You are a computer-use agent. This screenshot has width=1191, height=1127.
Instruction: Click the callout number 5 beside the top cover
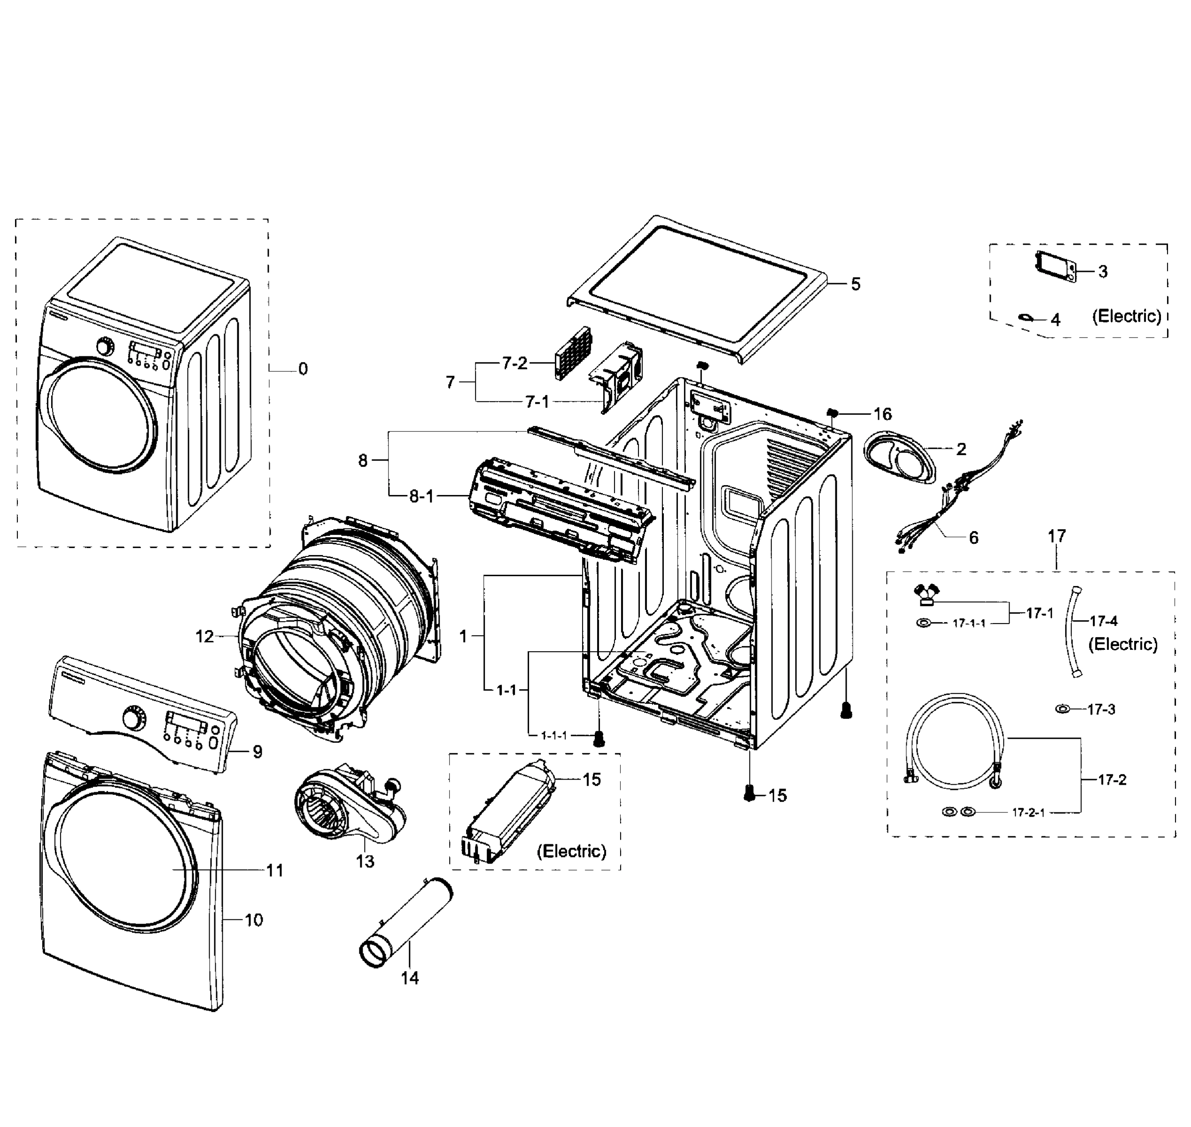click(x=855, y=284)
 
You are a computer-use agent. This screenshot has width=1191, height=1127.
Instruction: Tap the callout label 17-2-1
click(x=1028, y=813)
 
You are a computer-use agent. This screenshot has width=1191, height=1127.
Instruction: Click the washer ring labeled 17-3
click(x=1062, y=710)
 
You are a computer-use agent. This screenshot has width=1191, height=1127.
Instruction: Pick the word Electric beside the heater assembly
click(x=571, y=851)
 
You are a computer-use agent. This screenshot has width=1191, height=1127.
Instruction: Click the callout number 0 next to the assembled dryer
click(x=303, y=369)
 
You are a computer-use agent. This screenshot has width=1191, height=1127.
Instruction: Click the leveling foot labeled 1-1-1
click(x=598, y=740)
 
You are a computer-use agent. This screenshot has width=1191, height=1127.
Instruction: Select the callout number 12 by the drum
click(x=204, y=636)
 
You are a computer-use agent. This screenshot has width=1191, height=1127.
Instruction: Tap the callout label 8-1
click(x=421, y=496)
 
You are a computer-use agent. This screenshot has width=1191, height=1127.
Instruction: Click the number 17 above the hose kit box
click(x=1057, y=535)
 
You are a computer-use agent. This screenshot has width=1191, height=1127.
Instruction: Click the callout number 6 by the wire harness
click(x=973, y=538)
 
